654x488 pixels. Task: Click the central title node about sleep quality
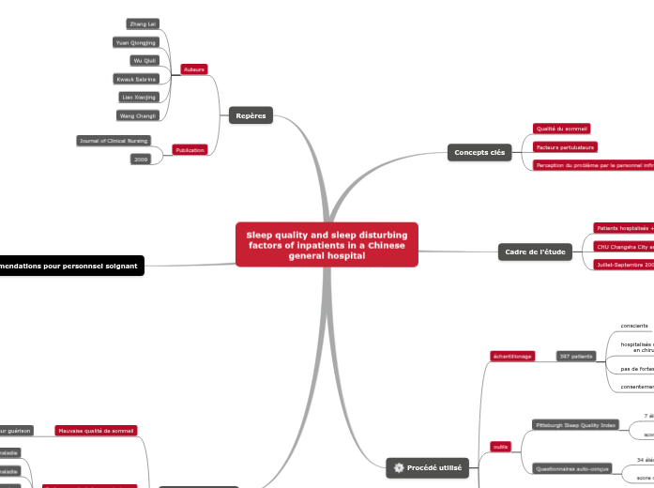click(327, 244)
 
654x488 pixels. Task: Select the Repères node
click(251, 115)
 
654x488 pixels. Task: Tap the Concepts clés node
click(479, 152)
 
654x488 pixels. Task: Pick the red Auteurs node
click(194, 69)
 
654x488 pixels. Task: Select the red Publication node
click(190, 150)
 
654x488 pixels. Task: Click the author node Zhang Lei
click(144, 23)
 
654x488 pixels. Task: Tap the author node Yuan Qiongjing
click(135, 42)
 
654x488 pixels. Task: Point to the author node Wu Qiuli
click(144, 60)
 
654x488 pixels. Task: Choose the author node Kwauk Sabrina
click(135, 79)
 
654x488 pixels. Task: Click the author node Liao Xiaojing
click(139, 97)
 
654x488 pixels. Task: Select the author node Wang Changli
click(138, 115)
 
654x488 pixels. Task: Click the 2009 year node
click(141, 160)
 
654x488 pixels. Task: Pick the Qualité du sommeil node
click(561, 129)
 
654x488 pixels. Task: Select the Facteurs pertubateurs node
click(565, 147)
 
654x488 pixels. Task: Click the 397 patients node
click(575, 357)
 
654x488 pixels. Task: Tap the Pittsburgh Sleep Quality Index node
click(574, 425)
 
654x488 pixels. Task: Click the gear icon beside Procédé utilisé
click(399, 467)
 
